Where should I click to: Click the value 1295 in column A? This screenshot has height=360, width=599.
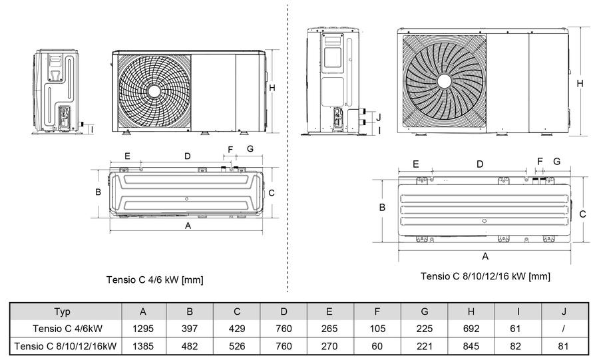click(x=143, y=329)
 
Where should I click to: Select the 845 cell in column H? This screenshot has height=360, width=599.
click(x=471, y=346)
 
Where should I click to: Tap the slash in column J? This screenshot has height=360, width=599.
click(x=564, y=329)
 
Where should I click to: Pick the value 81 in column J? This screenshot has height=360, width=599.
click(x=563, y=346)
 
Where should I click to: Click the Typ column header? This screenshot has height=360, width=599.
click(x=63, y=312)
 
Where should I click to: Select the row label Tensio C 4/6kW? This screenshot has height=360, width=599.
click(x=68, y=329)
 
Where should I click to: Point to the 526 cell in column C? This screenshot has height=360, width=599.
click(x=237, y=346)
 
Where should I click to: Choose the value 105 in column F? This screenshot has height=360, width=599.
click(x=377, y=329)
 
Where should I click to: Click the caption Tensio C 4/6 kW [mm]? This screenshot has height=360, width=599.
click(x=154, y=280)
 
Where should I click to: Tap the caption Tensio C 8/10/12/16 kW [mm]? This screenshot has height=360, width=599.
click(x=485, y=276)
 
